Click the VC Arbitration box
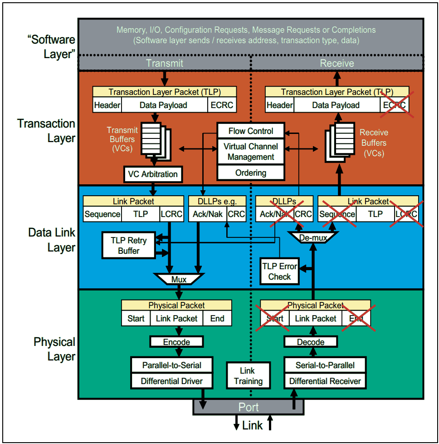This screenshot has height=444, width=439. (x=153, y=174)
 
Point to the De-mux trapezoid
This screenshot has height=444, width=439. (x=313, y=237)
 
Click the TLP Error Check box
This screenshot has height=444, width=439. (x=279, y=271)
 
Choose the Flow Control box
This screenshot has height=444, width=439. (x=251, y=131)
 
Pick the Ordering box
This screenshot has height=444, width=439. (x=251, y=173)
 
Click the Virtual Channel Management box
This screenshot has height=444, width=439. (x=251, y=152)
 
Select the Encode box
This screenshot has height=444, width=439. (x=176, y=342)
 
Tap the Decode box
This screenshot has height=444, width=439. (x=311, y=342)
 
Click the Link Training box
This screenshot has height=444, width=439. (x=248, y=376)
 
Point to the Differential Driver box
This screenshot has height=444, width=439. (x=172, y=381)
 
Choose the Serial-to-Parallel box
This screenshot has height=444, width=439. (x=325, y=365)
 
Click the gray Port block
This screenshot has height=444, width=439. (x=249, y=407)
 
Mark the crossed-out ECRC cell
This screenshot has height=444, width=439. (x=394, y=105)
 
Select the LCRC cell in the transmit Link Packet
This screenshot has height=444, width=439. (x=171, y=214)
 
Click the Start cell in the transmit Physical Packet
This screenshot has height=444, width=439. (x=136, y=318)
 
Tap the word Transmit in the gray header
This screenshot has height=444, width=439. (x=164, y=63)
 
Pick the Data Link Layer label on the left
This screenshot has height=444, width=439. (x=52, y=240)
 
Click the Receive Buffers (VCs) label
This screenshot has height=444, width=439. (x=374, y=143)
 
